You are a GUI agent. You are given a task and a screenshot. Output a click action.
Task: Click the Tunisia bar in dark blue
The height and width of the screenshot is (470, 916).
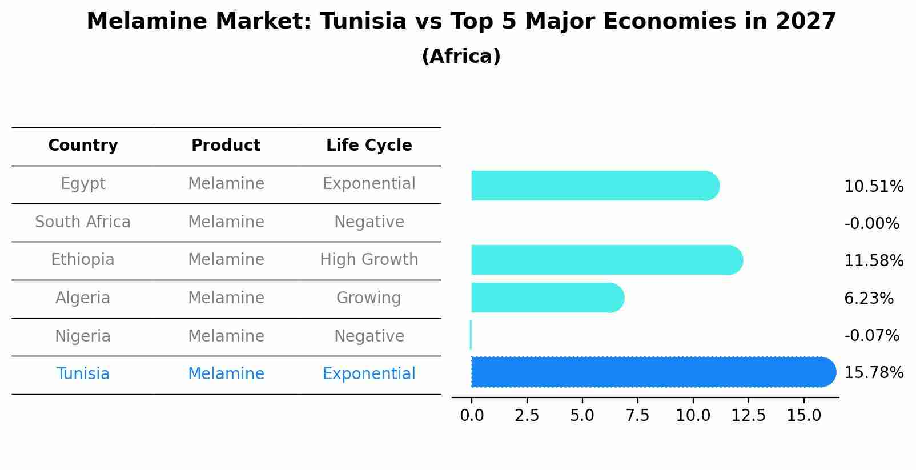(x=651, y=372)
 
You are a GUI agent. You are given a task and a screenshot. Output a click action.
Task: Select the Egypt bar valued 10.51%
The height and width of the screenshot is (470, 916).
(x=594, y=186)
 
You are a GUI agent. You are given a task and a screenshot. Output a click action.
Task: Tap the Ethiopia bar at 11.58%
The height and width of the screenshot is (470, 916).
(x=605, y=260)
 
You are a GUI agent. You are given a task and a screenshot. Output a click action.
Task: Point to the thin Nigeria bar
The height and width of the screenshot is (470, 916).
(x=471, y=335)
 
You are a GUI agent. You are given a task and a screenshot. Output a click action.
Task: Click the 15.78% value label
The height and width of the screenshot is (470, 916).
(x=873, y=373)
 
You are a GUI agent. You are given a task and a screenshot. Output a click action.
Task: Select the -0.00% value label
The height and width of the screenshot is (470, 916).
(x=871, y=224)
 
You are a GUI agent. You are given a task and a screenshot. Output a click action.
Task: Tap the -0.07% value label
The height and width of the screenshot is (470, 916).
(x=871, y=336)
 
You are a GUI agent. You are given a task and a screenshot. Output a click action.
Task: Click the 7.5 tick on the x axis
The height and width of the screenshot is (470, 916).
(x=637, y=416)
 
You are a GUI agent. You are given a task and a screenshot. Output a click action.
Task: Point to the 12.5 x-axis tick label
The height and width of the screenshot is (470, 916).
(x=748, y=416)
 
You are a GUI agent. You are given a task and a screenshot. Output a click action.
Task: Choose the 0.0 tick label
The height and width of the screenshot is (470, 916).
(x=472, y=416)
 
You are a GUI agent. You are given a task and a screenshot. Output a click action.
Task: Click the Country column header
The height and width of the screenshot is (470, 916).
(x=83, y=146)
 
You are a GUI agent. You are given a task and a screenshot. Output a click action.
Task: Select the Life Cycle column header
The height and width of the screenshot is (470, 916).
(x=369, y=146)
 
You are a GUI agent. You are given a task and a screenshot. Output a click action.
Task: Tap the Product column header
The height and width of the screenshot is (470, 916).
(x=226, y=146)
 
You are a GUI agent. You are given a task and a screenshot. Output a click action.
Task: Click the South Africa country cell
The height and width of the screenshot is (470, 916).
(x=83, y=222)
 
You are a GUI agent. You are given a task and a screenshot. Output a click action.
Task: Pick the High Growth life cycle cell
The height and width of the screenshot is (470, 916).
(x=369, y=260)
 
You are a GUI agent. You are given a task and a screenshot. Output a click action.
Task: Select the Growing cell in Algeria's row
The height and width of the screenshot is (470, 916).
(x=369, y=298)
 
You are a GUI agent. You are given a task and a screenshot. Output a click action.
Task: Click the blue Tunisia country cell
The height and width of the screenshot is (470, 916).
(x=83, y=374)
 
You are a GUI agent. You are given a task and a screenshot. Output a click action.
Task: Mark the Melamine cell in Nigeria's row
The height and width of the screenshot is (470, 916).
(x=226, y=336)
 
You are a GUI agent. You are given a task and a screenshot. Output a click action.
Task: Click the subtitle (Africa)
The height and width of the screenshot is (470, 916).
(x=461, y=57)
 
